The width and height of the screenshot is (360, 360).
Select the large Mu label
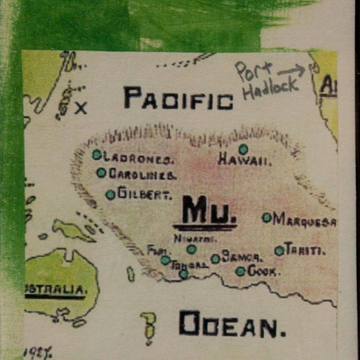(205, 213)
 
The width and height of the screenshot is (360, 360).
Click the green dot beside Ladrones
(97, 154)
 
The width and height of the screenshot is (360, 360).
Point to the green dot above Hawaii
(243, 149)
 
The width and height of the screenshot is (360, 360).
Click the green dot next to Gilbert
(110, 195)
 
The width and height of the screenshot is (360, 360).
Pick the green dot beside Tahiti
(279, 250)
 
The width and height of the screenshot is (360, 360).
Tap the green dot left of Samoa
(215, 259)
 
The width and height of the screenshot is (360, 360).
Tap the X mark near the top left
(81, 108)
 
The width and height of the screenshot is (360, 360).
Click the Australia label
(56, 290)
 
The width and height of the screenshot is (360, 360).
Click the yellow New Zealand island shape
(148, 328)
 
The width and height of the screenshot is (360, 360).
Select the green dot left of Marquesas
(267, 218)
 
